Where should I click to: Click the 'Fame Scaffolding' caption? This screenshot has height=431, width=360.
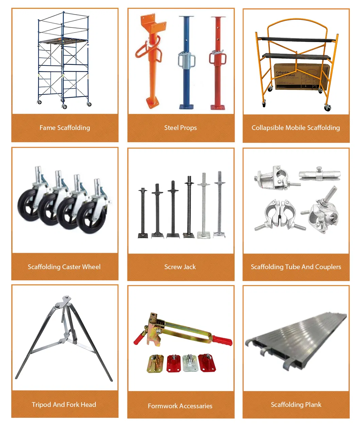pyautogui.click(x=65, y=128)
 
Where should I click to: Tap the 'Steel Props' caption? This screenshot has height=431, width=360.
pyautogui.click(x=180, y=128)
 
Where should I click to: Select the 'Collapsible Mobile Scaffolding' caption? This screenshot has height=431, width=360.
pyautogui.click(x=295, y=128)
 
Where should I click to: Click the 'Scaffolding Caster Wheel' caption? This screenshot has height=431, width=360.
pyautogui.click(x=64, y=267)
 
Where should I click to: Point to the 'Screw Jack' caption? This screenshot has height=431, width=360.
pyautogui.click(x=180, y=267)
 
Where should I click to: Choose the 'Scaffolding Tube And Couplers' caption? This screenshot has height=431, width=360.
pyautogui.click(x=296, y=267)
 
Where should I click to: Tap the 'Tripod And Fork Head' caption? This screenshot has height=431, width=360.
pyautogui.click(x=64, y=405)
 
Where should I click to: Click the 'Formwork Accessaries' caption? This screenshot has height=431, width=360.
pyautogui.click(x=180, y=406)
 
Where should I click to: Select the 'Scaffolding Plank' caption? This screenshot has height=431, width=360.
pyautogui.click(x=296, y=405)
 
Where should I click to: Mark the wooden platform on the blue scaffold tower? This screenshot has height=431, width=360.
pyautogui.click(x=63, y=41)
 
